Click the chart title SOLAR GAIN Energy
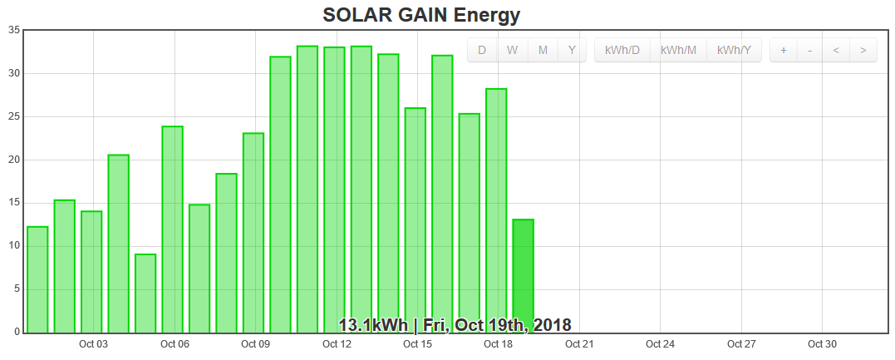421,14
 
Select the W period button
513,50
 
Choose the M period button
543,50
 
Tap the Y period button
572,50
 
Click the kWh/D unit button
622,50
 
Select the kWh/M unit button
678,50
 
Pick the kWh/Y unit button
734,50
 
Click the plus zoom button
783,50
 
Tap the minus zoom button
809,50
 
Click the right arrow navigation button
863,50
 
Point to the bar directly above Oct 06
172,229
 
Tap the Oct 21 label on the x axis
578,344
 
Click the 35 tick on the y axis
14,30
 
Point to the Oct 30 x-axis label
822,344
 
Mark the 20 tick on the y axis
14,160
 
